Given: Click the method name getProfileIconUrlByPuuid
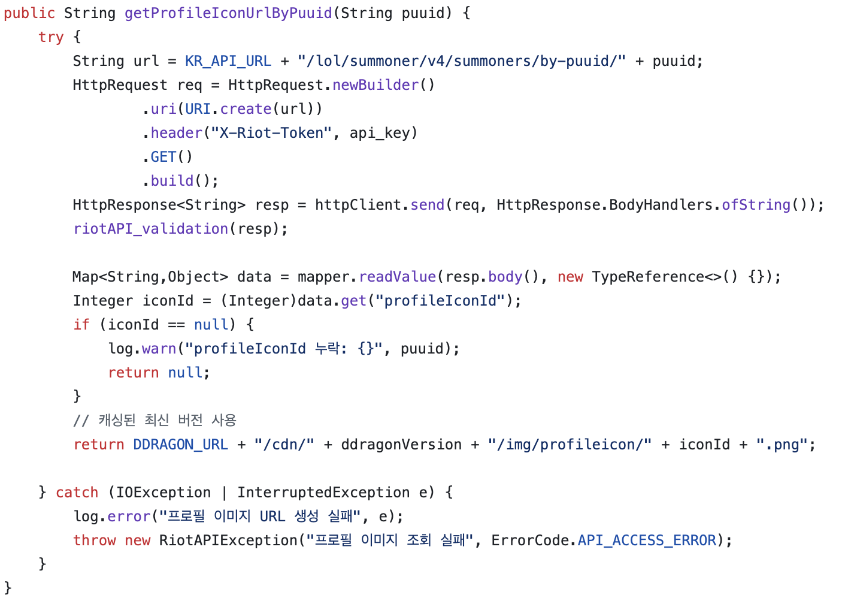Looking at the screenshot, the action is tap(228, 13).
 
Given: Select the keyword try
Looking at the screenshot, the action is tap(51, 37).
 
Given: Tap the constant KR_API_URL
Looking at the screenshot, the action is tap(228, 61).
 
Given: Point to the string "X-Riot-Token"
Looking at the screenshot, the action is tap(271, 133).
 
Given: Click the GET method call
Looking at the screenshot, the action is tap(163, 157).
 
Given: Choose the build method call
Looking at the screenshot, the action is tap(172, 181).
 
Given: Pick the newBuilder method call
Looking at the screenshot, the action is tap(375, 85).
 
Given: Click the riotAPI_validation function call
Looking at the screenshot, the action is tap(150, 229).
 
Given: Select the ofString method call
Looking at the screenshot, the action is tap(756, 205).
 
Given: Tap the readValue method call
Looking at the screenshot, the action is tap(397, 277).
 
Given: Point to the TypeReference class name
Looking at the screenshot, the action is tap(648, 277).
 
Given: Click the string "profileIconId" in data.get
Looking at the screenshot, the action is tap(440, 301).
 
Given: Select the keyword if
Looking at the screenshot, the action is tap(81, 325).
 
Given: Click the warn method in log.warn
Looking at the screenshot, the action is tap(159, 349).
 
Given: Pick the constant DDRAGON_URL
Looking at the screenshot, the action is tap(180, 445).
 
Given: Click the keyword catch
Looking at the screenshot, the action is tap(77, 493).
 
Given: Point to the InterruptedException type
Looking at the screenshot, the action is tap(323, 493).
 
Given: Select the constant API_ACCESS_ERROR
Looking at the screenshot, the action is tap(647, 540).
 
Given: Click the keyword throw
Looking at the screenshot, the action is tap(94, 540).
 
